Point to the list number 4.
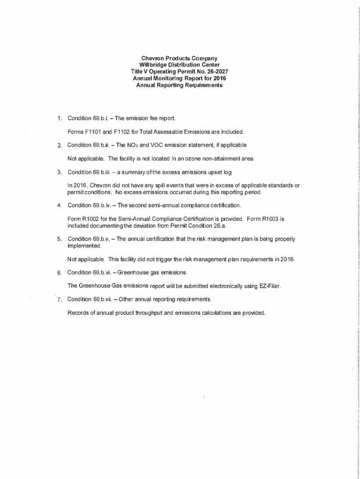pyautogui.click(x=59, y=205)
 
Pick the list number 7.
pyautogui.click(x=59, y=299)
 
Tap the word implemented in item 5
pyautogui.click(x=84, y=246)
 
